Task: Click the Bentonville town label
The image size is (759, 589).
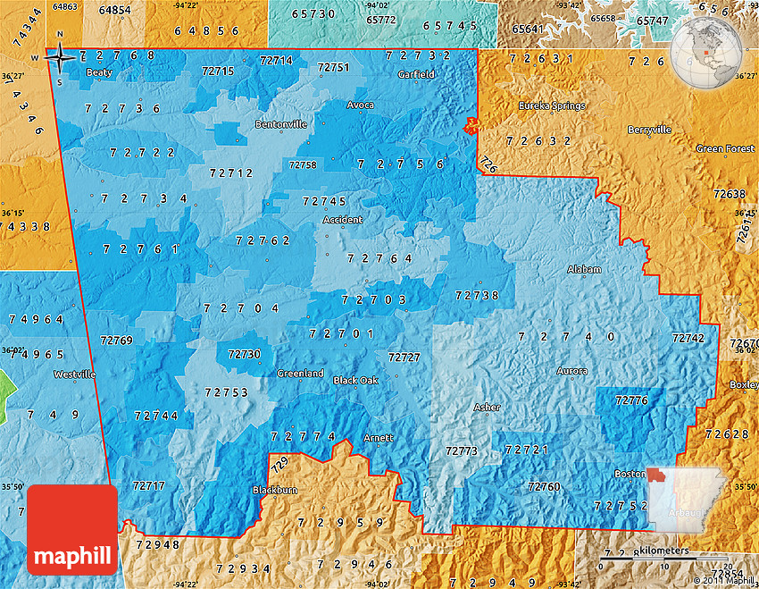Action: coord(280,124)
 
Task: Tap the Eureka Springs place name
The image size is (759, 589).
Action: coord(554,105)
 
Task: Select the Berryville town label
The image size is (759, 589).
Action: coord(649,130)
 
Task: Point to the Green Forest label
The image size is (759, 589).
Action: coord(725,148)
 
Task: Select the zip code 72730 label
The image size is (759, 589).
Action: coord(244,354)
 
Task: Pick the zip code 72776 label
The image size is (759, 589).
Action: coord(631,400)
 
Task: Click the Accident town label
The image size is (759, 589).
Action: coord(343,220)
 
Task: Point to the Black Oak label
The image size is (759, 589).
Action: coord(355,380)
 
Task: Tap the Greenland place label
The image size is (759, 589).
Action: coord(300,374)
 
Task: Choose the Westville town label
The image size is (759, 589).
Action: coord(74,374)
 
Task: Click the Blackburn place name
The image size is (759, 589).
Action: coord(274,490)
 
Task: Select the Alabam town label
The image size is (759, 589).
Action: coord(584,269)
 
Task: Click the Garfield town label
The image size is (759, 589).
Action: coord(416,74)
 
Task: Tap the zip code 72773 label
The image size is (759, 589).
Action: coord(462,451)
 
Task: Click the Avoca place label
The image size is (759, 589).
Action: coord(361,105)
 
